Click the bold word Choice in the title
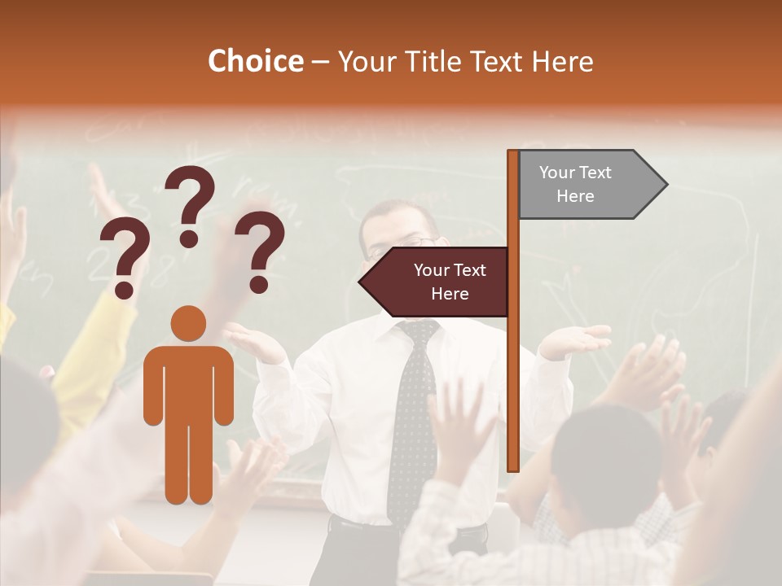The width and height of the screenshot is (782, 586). click(255, 62)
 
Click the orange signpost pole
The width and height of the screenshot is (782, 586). click(513, 366)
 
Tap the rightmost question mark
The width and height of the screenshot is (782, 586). click(260, 251)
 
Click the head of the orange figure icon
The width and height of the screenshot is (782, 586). click(188, 323)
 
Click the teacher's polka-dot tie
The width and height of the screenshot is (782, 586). click(411, 423)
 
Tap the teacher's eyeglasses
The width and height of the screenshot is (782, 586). click(407, 243)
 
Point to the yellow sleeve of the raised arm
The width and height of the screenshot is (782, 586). click(98, 358)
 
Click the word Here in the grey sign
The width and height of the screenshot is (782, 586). click(575, 196)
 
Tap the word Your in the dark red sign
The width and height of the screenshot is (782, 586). click(430, 270)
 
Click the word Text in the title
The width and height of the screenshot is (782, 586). click(498, 62)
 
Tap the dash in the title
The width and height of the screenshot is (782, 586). click(320, 63)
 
